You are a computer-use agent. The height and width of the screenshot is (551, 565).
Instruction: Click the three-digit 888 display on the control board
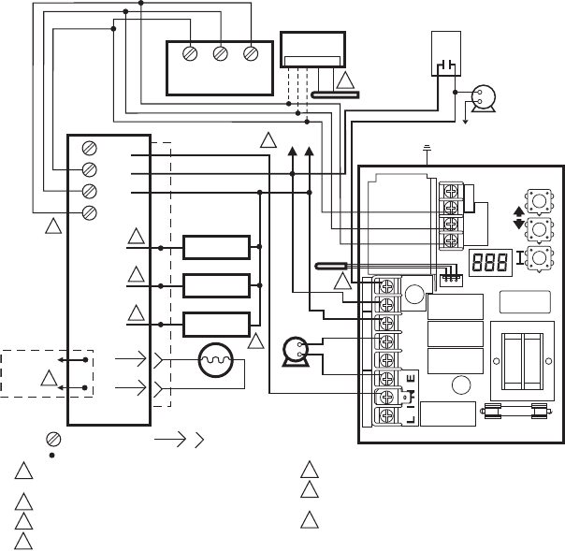[x=490, y=264]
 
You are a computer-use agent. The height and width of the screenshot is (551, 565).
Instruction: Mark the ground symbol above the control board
[x=427, y=147]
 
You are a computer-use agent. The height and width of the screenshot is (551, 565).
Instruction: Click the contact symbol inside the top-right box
[x=444, y=65]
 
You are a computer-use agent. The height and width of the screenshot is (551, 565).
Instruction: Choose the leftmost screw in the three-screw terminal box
[x=190, y=53]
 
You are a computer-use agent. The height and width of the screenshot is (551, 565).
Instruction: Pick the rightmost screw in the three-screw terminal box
[x=250, y=53]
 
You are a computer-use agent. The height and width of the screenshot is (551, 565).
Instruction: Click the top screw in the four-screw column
[x=90, y=148]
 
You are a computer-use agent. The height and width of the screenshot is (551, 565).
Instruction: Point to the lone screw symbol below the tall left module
[x=55, y=438]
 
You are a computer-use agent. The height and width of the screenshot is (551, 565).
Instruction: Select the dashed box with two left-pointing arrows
[x=47, y=372]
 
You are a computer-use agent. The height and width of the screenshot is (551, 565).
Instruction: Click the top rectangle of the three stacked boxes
[x=217, y=247]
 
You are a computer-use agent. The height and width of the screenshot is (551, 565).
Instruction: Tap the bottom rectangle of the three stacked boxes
[x=217, y=324]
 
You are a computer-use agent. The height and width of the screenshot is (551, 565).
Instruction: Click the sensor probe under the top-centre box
[x=333, y=93]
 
